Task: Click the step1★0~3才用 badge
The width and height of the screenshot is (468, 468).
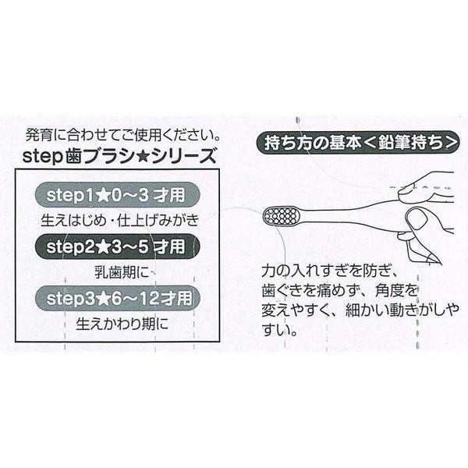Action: pos(117,194)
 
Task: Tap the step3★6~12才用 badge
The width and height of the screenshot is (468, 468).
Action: pos(117,298)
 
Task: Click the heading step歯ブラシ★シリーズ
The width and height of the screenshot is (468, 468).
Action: pos(117,154)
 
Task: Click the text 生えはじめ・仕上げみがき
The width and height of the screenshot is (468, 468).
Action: pos(117,218)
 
